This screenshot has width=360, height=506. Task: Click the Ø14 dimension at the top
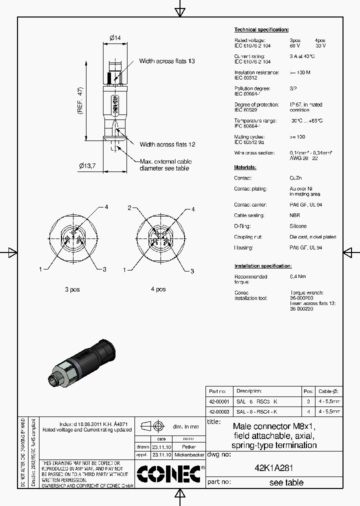pos(115,37)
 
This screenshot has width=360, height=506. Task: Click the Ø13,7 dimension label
pos(87,165)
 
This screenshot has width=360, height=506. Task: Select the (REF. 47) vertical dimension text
pos(80,101)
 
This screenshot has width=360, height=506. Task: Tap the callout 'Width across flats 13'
pos(166,61)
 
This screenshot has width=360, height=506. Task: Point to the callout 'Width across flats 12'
pos(167,144)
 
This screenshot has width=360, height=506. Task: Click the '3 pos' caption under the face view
pos(72,289)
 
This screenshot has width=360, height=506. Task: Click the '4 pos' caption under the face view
pos(158,289)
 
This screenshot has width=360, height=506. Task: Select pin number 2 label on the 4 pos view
pos(129,208)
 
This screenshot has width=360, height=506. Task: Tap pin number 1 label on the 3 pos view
pos(40,269)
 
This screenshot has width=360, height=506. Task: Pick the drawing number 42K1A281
pos(273,468)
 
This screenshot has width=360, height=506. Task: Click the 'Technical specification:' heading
pos(261,30)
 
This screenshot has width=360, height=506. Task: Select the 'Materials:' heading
pos(245,167)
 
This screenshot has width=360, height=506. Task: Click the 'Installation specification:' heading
pos(263,266)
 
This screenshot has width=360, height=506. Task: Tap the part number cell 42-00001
pos(218,401)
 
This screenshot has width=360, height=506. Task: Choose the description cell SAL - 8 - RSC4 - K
pos(256,411)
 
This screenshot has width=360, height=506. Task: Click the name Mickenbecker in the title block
pos(189,455)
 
